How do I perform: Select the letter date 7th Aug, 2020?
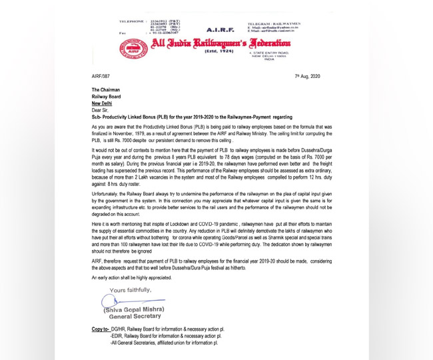307,77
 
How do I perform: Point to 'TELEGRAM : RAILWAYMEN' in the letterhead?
272,23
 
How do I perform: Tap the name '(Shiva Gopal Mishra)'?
133,311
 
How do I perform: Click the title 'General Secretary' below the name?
133,317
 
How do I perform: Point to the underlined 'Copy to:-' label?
101,329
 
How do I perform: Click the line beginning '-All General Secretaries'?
175,343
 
